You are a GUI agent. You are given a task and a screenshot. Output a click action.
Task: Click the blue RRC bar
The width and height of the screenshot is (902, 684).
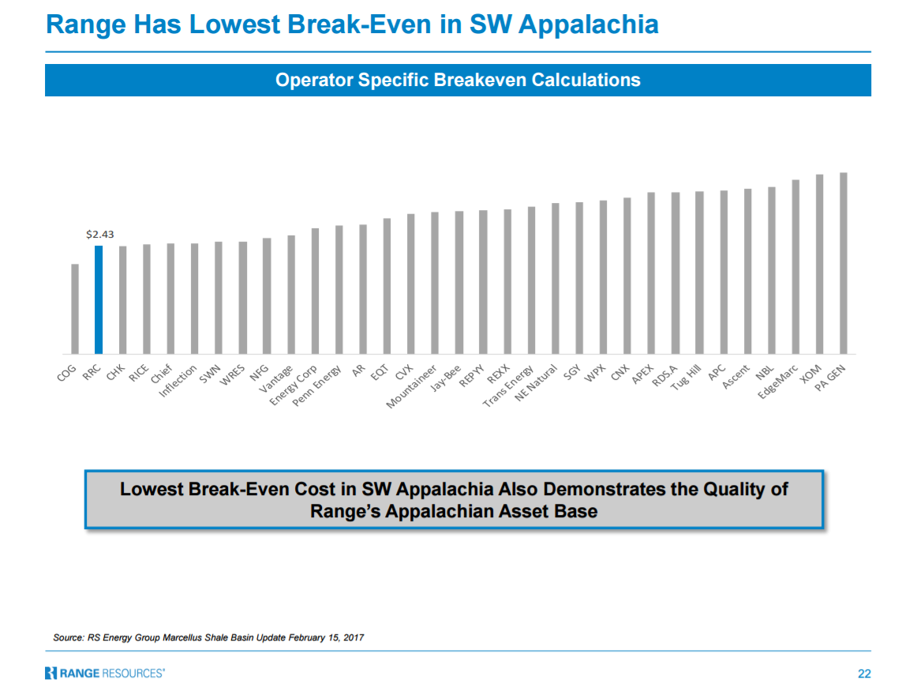click(99, 299)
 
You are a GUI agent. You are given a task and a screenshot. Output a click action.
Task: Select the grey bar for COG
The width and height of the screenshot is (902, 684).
click(75, 309)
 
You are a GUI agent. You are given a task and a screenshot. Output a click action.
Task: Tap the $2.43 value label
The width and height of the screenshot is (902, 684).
click(99, 235)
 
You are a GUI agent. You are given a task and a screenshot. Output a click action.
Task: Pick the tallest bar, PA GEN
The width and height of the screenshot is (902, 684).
click(844, 263)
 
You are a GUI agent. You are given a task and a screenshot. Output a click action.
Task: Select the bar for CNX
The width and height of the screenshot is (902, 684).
click(627, 276)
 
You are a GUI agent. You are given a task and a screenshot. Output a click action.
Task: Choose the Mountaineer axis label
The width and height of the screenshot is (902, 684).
click(412, 386)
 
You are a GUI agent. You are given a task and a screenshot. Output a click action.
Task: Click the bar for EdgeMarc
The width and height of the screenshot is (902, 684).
click(795, 267)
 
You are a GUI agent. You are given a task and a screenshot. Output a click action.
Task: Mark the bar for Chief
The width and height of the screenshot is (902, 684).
click(170, 299)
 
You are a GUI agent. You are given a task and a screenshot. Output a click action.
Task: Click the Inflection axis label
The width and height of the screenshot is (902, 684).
click(178, 381)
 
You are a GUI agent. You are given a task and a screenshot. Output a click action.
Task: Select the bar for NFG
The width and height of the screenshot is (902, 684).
click(267, 295)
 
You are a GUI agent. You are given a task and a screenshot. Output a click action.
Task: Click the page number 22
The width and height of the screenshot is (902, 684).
click(864, 673)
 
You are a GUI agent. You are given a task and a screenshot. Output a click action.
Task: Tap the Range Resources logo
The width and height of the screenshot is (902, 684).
click(105, 673)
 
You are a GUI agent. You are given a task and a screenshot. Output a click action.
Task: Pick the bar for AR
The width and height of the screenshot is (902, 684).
click(363, 289)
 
